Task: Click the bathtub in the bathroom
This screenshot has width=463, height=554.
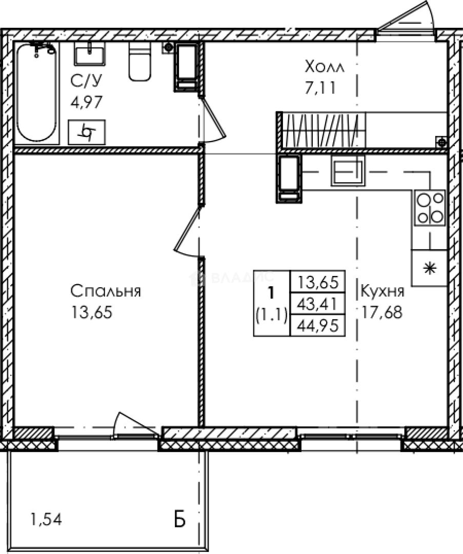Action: point(37,92)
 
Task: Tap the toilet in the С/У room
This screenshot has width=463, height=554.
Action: point(140,62)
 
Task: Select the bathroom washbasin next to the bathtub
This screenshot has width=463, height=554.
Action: point(90,54)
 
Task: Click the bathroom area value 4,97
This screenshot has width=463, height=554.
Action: point(87,102)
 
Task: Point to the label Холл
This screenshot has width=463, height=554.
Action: point(325,66)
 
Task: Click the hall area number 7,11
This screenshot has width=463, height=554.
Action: point(320,87)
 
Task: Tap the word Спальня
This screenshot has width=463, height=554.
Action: point(106,291)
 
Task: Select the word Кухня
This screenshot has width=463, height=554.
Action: point(383,291)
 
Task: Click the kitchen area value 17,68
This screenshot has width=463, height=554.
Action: point(382,312)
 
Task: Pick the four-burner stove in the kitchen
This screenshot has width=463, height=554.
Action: point(430,208)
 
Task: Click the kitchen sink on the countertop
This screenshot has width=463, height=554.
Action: point(348,171)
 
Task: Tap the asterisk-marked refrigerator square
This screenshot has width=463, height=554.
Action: point(430,268)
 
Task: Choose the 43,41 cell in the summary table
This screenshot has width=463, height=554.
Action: point(317,304)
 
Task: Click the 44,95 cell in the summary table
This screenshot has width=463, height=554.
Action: point(318,325)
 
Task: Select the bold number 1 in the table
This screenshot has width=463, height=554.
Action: point(271,293)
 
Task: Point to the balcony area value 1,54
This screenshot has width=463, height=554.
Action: point(46,519)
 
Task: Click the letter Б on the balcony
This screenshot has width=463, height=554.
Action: point(180,519)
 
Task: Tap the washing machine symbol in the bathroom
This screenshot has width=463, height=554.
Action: point(87,132)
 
